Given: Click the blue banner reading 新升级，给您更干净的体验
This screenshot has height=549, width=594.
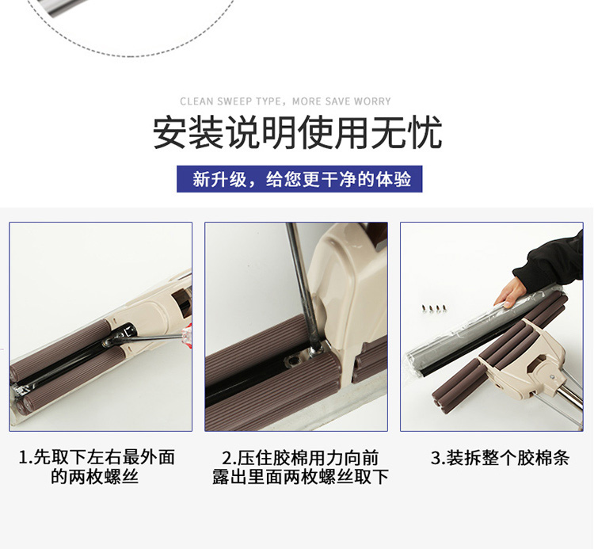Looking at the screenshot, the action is pos(299,179).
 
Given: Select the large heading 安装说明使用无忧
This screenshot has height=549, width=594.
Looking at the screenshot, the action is pos(297,132).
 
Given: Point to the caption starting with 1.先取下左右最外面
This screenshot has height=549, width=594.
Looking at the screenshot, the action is pos(97,467).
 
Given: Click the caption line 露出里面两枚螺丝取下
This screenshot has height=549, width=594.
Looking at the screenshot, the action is pos(300,477).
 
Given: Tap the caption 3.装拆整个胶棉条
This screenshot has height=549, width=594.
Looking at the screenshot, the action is pos(500,458).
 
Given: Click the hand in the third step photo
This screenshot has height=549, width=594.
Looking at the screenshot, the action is pos(510,292).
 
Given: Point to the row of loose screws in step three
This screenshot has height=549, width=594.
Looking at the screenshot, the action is pos(435,308).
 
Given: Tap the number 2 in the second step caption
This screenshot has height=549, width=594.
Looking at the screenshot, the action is pos(226,458).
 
